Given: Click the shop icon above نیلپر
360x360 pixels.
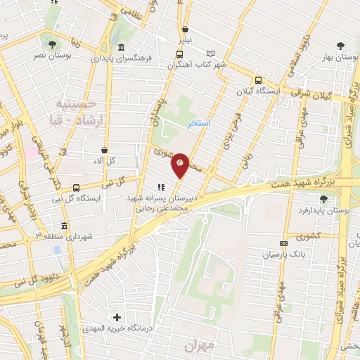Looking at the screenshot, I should click(185, 30).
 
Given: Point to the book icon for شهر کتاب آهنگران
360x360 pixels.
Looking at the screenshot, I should click(210, 53).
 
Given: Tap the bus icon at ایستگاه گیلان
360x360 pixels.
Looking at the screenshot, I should click(258, 80).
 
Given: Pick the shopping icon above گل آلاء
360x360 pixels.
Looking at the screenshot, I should click(105, 150).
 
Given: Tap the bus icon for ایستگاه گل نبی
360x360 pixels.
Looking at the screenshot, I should click(76, 188).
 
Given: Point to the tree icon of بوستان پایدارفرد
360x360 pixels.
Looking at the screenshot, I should click(323, 200).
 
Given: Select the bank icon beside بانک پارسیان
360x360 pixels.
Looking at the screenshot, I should click(284, 244).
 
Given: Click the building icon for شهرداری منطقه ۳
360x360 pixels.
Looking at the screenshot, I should click(65, 226).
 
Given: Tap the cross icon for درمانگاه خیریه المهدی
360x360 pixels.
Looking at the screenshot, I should click(117, 318).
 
